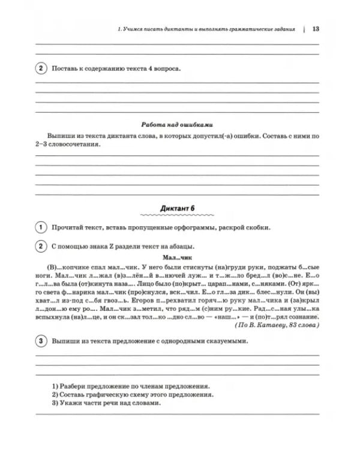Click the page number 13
click(x=316, y=29)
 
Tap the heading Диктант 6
click(x=178, y=208)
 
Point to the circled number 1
click(x=40, y=227)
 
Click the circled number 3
click(x=40, y=341)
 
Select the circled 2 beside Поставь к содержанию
click(x=40, y=68)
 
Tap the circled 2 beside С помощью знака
click(x=40, y=245)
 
